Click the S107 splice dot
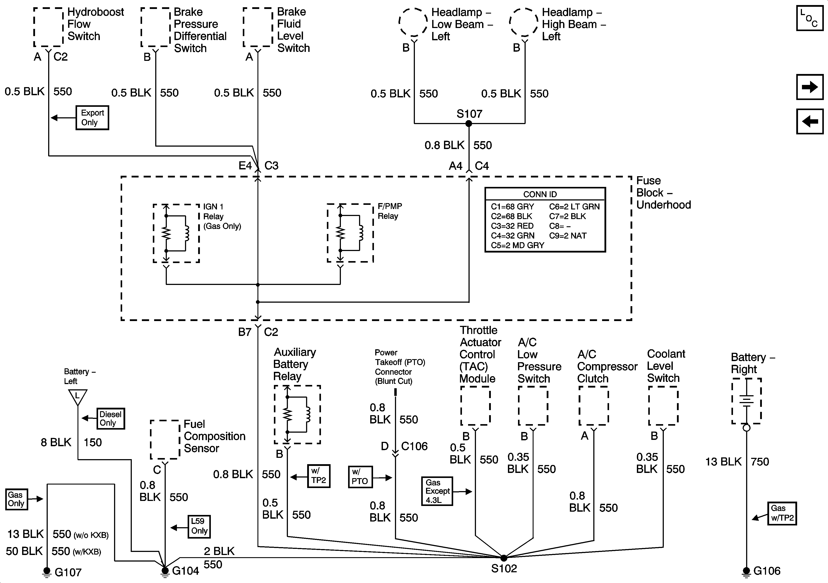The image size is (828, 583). (469, 124)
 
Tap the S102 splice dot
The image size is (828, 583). (504, 558)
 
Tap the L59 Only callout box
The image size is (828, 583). (199, 526)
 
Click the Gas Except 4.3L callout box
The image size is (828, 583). (437, 491)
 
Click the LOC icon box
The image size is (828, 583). (810, 18)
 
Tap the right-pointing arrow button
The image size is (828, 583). (810, 87)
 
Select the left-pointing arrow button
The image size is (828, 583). (810, 121)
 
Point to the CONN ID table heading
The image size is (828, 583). (540, 194)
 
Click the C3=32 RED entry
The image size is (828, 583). (512, 226)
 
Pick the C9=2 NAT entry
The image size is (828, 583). (568, 236)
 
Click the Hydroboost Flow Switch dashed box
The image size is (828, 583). (49, 27)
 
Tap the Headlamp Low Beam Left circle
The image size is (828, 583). (414, 22)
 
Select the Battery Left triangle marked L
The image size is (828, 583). (78, 397)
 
